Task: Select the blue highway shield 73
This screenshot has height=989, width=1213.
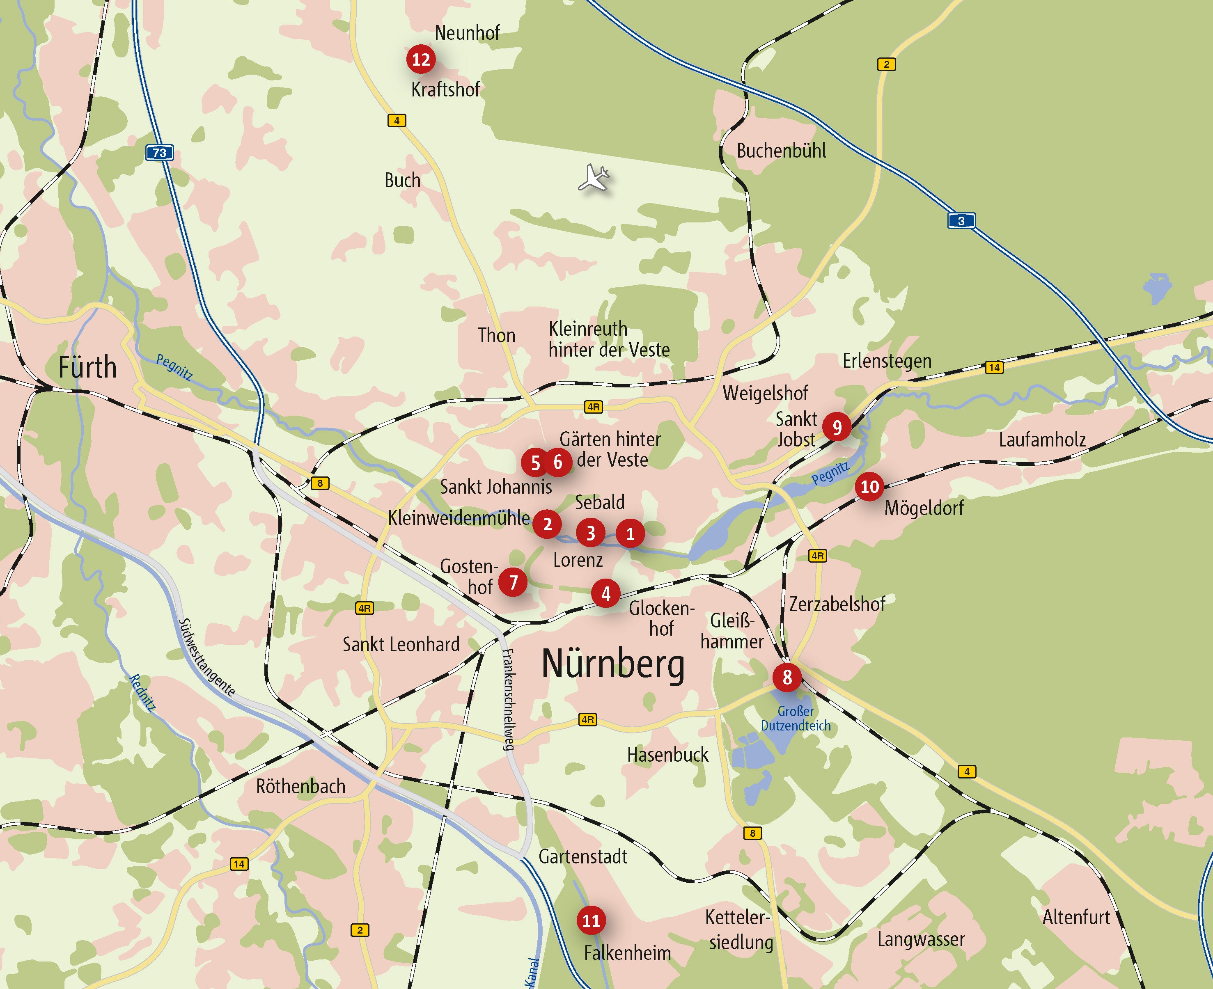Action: click(160, 153)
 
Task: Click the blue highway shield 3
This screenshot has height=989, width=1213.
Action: click(961, 220)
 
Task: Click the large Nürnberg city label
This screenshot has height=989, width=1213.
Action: click(612, 664)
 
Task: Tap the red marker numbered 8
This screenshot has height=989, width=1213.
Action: click(787, 678)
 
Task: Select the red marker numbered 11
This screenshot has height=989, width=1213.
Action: click(591, 920)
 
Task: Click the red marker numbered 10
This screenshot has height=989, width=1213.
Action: click(869, 487)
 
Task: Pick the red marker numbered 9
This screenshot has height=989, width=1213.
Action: click(837, 427)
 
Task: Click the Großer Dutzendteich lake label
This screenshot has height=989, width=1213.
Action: click(796, 719)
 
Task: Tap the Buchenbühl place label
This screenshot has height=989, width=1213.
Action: click(781, 151)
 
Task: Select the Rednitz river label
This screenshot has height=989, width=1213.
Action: click(142, 692)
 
